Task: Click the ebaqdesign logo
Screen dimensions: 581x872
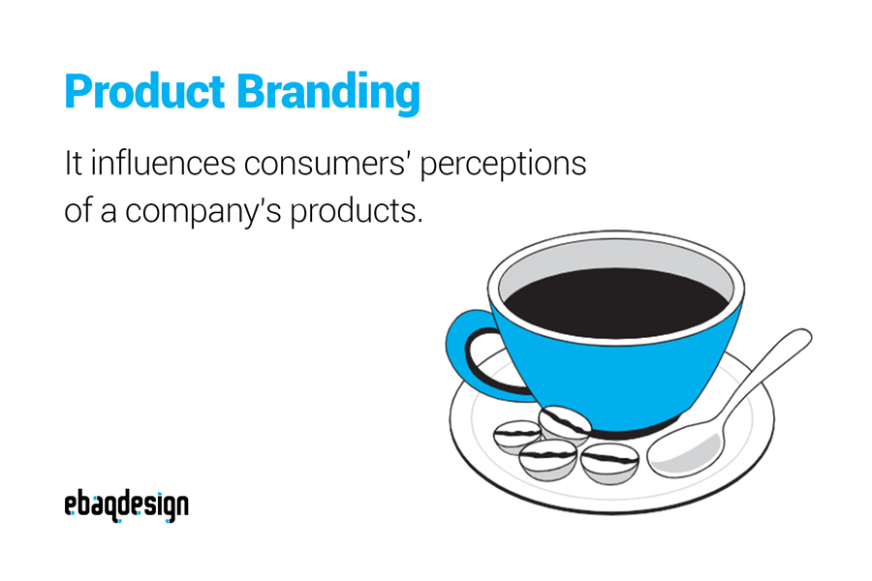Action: (x=126, y=505)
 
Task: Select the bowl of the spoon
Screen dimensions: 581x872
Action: (x=684, y=450)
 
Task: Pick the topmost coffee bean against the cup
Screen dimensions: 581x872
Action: (x=565, y=423)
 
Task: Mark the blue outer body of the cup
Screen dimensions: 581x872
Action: (x=620, y=378)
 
